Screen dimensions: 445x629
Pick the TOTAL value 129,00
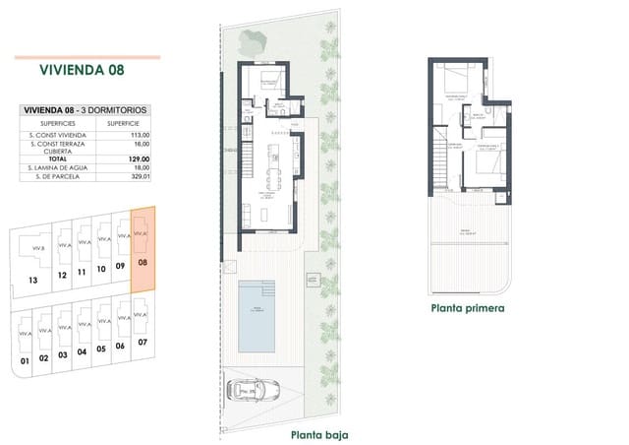tap(138, 159)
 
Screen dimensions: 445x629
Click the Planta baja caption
tap(318, 434)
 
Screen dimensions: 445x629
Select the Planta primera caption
tap(467, 308)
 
